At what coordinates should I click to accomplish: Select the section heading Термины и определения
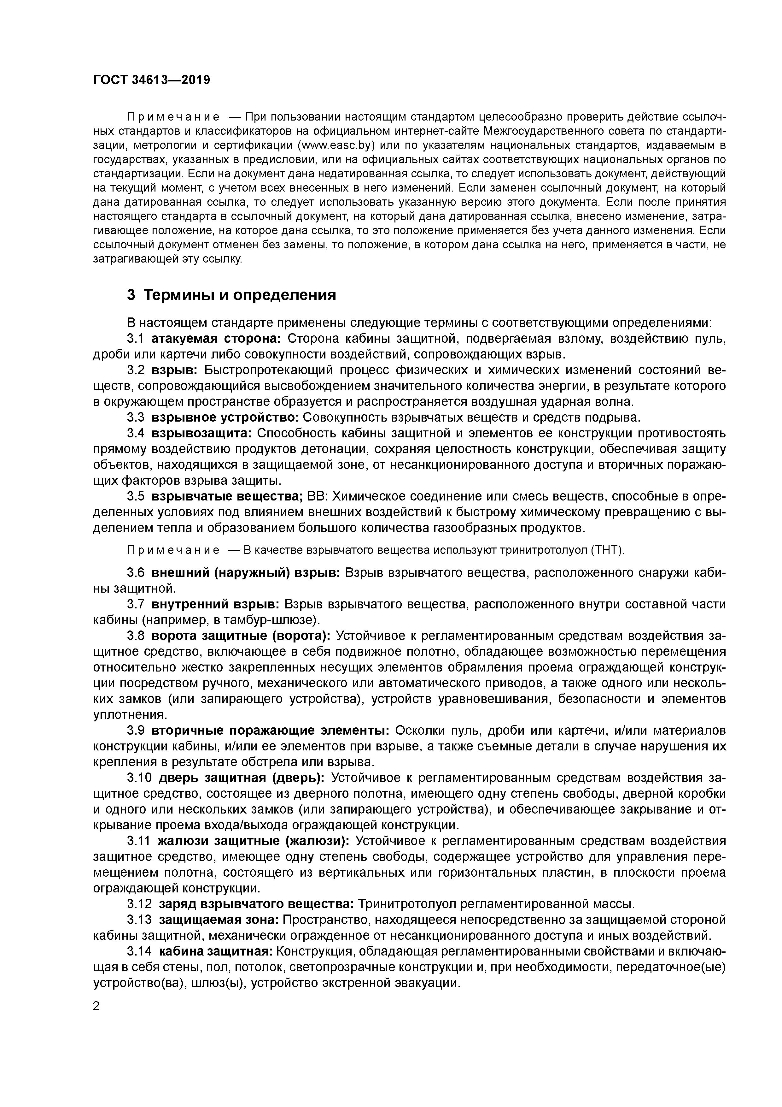(x=240, y=295)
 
